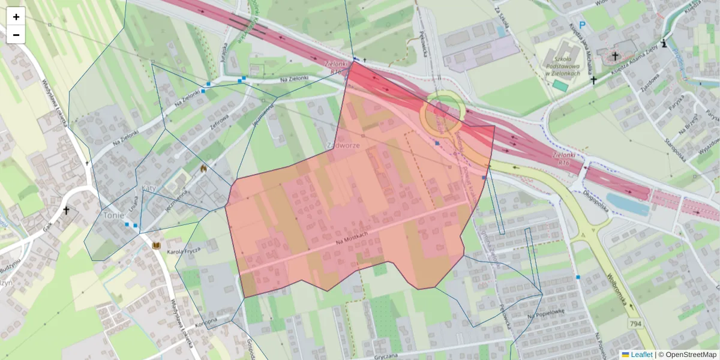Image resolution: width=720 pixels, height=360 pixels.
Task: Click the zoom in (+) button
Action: click(x=16, y=17)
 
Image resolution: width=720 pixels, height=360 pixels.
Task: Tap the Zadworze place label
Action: click(x=343, y=146)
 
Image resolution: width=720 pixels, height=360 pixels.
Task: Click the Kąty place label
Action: click(x=148, y=188)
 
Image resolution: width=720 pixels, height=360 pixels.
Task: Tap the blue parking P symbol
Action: click(x=565, y=26)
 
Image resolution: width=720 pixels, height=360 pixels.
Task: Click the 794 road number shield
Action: click(x=635, y=323)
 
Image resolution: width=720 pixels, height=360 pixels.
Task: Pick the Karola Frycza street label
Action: click(x=183, y=251)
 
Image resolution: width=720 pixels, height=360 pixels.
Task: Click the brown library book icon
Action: click(x=157, y=247)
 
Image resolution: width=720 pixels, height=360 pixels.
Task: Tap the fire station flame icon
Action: click(x=204, y=170)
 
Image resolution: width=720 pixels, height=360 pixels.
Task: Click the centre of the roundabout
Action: click(x=442, y=113)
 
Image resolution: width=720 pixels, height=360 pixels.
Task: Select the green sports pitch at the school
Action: click(x=560, y=85)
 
